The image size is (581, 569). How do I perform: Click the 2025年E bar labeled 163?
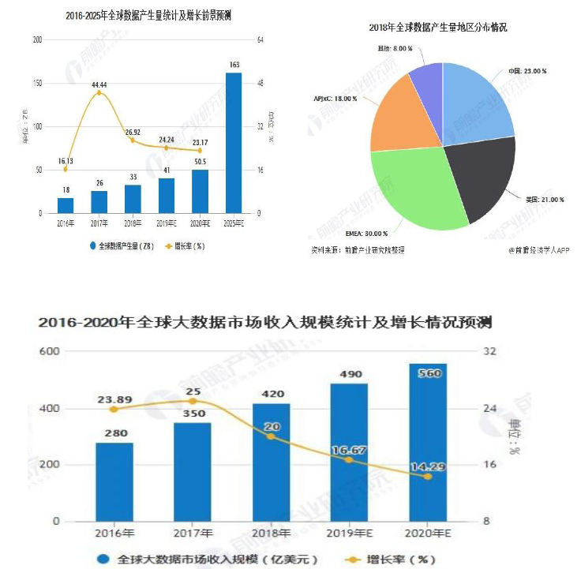(234, 143)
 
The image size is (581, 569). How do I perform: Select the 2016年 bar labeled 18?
(66, 205)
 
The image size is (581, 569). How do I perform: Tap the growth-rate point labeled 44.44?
(99, 93)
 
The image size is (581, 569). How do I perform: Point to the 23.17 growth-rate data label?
(200, 141)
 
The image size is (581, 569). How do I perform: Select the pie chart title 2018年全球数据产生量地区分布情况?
(437, 27)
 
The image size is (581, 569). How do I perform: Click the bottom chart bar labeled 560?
(427, 442)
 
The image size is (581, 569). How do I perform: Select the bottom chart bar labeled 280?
(114, 481)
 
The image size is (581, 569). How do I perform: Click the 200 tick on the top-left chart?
(36, 39)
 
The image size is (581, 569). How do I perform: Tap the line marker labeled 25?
(193, 401)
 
